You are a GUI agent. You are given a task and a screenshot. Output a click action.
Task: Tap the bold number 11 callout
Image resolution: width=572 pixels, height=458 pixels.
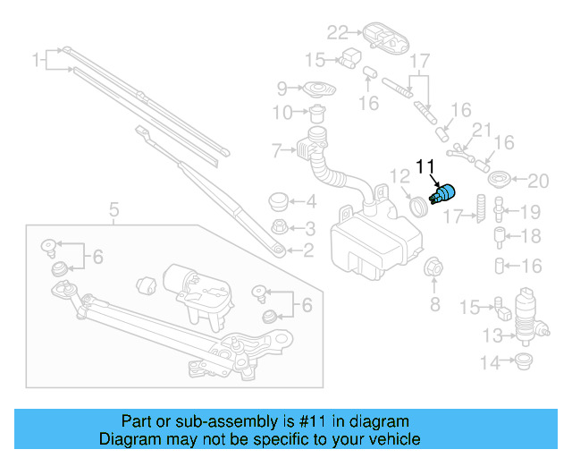425,166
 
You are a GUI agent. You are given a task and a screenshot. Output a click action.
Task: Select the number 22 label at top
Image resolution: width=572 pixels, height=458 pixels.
336,33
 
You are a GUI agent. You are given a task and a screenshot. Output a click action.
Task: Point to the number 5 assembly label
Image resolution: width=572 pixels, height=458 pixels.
114,211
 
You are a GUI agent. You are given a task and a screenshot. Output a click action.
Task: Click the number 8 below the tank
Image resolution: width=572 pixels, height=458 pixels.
435,305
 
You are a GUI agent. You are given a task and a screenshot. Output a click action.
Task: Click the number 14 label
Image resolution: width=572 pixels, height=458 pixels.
491,363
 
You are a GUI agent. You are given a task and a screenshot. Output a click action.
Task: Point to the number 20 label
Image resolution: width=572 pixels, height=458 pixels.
536,182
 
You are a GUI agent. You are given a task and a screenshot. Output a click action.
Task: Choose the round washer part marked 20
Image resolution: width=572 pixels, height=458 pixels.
500,178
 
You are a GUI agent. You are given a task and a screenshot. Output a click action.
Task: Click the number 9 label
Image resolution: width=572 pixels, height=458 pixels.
282,89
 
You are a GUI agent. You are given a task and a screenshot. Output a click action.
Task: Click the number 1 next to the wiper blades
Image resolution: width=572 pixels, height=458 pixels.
37,61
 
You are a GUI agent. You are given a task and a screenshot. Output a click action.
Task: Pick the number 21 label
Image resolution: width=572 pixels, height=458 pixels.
482,131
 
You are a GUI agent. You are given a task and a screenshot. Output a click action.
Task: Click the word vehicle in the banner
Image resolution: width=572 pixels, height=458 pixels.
390,439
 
